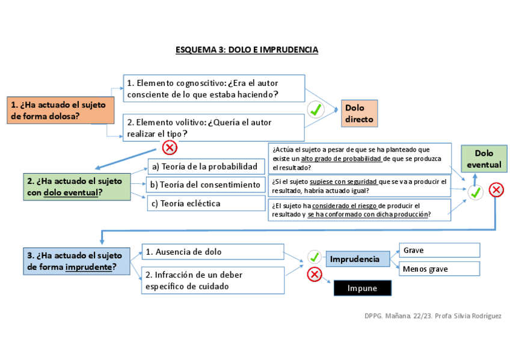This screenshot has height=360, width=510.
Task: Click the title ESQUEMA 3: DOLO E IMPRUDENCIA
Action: tap(247, 49)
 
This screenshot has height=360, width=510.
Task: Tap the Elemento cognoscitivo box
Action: tap(214, 88)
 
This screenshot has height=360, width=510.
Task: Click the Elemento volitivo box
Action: tap(214, 128)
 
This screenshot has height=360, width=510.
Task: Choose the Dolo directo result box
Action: tap(359, 114)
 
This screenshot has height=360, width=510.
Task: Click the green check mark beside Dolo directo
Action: tap(316, 109)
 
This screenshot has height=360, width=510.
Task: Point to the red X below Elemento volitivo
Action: tap(170, 147)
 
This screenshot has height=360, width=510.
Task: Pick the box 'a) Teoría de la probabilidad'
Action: tap(206, 166)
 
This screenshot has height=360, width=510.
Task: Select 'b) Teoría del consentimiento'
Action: tap(206, 185)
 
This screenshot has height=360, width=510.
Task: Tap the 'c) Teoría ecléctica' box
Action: tap(206, 203)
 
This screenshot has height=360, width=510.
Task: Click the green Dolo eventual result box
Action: tap(484, 159)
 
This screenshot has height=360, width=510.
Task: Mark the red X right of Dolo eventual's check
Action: tap(496, 191)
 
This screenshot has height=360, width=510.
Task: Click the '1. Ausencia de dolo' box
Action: tap(212, 252)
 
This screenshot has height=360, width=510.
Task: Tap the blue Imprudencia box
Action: tap(355, 259)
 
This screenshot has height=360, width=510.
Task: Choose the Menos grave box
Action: tap(439, 269)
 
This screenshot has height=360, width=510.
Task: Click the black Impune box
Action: tap(362, 288)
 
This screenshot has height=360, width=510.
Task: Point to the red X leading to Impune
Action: tap(314, 275)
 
